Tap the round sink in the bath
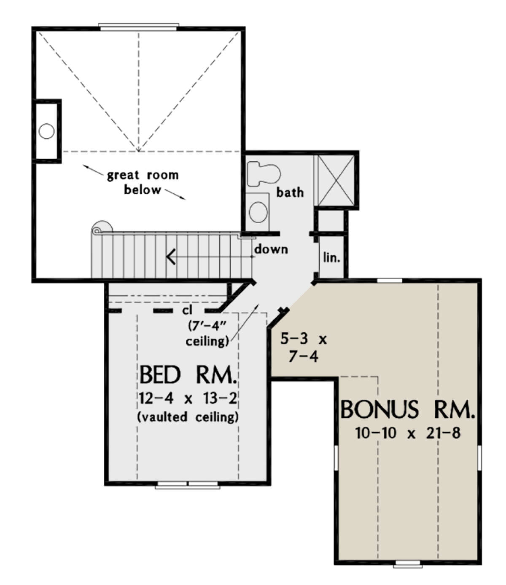click(x=258, y=212)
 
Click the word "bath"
click(x=290, y=192)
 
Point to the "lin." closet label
click(x=331, y=257)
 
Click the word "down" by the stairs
click(x=271, y=249)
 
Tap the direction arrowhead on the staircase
click(x=171, y=256)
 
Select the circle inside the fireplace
click(x=46, y=131)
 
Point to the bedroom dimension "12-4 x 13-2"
click(x=188, y=398)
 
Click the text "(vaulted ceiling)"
click(x=188, y=417)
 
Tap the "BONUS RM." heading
click(x=407, y=410)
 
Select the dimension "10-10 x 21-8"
click(x=407, y=433)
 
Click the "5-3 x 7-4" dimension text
click(x=304, y=347)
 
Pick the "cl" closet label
click(x=187, y=310)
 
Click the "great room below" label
click(x=143, y=182)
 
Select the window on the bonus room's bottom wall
click(x=407, y=564)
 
